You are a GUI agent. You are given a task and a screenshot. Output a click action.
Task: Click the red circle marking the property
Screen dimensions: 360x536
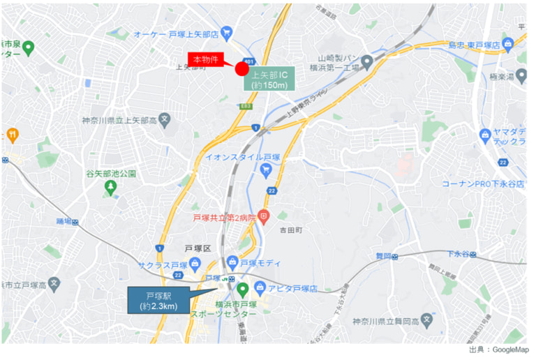click(x=241, y=68)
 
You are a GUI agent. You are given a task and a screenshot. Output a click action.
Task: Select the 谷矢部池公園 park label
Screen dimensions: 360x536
click(x=111, y=173)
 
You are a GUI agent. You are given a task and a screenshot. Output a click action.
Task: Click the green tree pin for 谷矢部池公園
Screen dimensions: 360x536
click(x=110, y=187)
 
